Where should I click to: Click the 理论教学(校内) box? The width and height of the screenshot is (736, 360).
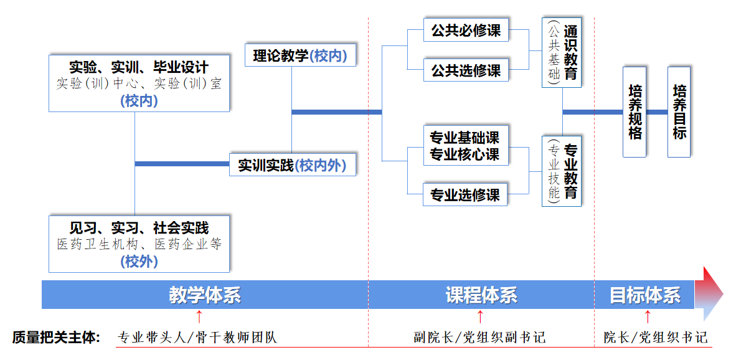[x=300, y=55]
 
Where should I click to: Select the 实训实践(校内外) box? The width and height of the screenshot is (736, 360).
[x=293, y=165]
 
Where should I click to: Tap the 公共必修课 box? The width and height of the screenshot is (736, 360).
[x=466, y=30]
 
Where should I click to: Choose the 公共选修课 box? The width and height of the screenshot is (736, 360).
[x=466, y=70]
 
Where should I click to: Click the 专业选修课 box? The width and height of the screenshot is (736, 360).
[x=466, y=195]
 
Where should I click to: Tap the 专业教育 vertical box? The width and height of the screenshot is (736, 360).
[x=562, y=171]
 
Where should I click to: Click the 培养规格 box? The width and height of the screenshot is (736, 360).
[x=635, y=112]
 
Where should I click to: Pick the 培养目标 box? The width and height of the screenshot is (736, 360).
[x=679, y=112]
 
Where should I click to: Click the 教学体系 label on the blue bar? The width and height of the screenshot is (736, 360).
[x=204, y=295]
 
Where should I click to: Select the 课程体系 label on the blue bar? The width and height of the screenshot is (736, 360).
[x=481, y=295]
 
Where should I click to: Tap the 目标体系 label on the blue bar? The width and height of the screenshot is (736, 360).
[x=644, y=295]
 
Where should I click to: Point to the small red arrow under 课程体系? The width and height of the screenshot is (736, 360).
[x=480, y=316]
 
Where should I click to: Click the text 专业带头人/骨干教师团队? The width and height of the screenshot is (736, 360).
[x=197, y=338]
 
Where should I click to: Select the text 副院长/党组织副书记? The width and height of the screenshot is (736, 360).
[x=479, y=338]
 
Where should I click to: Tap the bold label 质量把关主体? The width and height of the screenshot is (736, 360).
[x=56, y=338]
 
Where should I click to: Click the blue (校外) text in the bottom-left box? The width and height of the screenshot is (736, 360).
[x=139, y=262]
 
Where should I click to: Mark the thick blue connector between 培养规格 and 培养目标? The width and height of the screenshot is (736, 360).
[x=657, y=112]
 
